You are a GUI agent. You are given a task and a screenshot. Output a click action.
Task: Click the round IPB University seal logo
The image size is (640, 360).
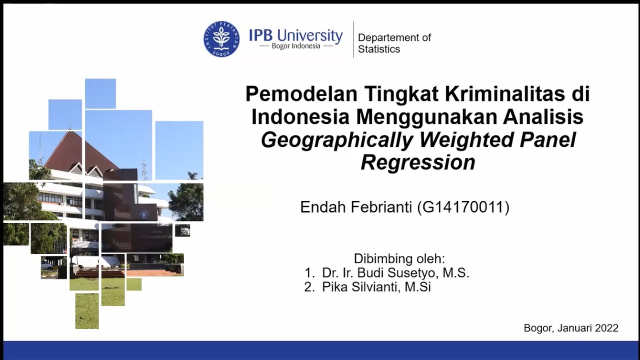pos(221,39)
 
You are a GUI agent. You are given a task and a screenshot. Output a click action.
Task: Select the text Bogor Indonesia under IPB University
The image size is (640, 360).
pos(295,46)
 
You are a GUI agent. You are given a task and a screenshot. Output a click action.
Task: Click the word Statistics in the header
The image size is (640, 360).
pos(379,49)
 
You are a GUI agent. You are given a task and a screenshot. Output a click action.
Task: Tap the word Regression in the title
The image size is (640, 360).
pos(418,162)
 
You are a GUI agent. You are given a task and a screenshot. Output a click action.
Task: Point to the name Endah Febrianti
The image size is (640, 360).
pos(356,207)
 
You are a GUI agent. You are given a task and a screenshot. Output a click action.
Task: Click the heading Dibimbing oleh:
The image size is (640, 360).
pos(399,259)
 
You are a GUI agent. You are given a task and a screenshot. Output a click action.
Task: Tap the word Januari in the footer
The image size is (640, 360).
pos(574,328)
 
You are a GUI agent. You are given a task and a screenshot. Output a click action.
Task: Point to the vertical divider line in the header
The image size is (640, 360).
pos(353,39)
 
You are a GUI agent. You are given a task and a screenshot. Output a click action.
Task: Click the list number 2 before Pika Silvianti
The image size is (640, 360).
pos(308,287)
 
